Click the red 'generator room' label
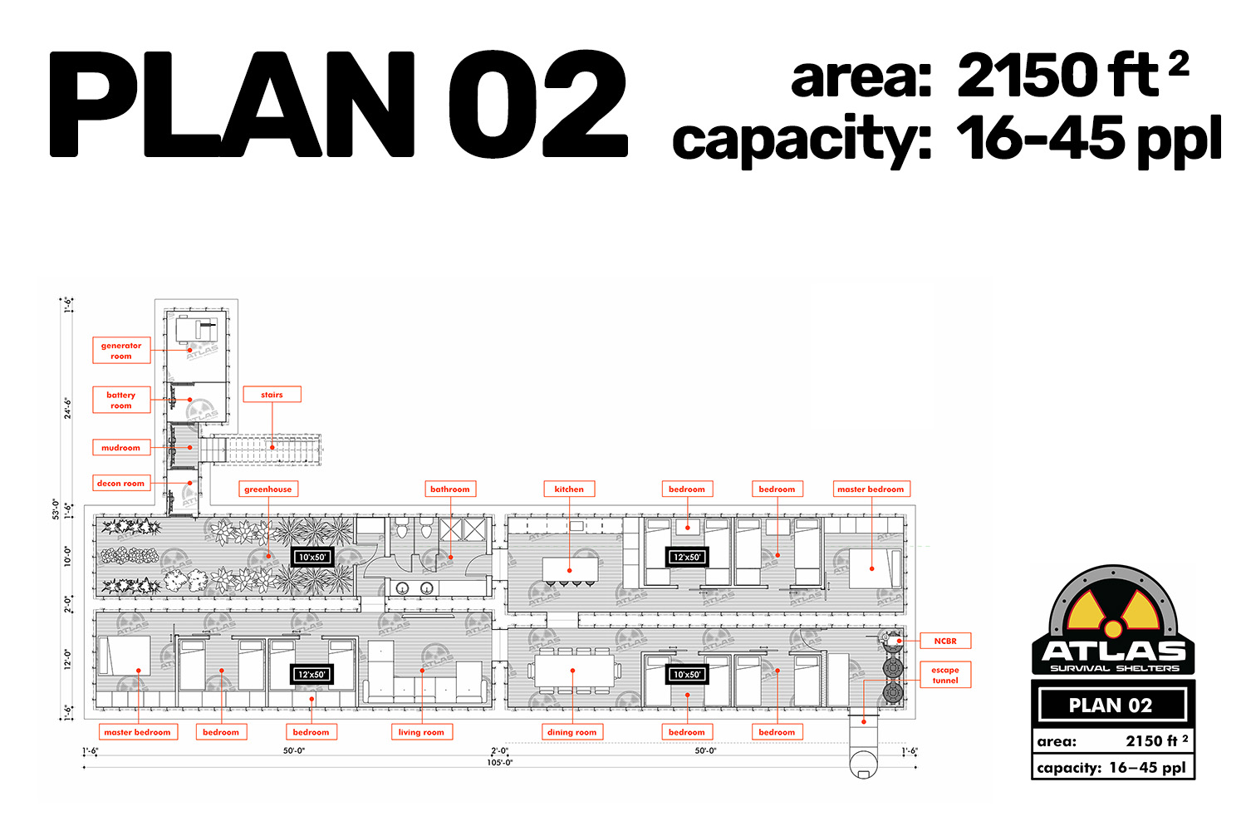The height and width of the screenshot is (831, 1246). tap(121, 351)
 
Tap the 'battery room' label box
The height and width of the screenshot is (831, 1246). tap(121, 400)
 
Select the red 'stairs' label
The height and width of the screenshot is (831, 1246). tap(272, 394)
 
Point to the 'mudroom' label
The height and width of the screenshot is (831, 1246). tap(121, 448)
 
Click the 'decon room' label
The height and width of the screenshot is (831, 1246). tap(121, 483)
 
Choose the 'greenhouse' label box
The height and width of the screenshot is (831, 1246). tap(268, 489)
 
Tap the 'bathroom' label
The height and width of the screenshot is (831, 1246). tap(450, 489)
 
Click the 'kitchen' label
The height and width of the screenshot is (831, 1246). tap(569, 489)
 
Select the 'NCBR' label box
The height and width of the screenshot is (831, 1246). tap(945, 641)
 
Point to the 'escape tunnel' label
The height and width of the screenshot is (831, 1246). tap(945, 675)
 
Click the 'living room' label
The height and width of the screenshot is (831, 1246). tap(422, 732)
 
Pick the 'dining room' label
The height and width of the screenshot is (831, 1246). tap(571, 732)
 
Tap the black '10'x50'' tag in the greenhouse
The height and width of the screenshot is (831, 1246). tap(312, 557)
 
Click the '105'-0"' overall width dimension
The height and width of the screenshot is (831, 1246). tap(499, 763)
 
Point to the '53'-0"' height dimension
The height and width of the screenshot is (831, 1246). tap(55, 509)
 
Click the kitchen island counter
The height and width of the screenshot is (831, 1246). tap(571, 569)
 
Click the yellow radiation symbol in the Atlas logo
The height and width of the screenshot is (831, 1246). tap(1113, 612)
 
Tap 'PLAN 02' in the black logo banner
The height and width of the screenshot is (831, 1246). tap(1111, 706)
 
